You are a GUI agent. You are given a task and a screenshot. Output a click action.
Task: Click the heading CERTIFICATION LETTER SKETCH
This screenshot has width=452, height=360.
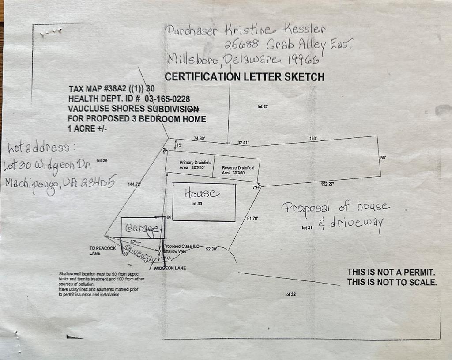(244, 77)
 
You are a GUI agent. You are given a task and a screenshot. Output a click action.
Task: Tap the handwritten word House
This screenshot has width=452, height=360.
(201, 193)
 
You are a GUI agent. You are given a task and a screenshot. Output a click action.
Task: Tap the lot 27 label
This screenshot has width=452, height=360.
(263, 106)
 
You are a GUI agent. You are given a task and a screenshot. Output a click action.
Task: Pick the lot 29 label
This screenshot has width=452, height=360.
(102, 160)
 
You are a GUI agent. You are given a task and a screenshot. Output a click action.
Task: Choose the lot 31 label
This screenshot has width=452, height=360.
(307, 227)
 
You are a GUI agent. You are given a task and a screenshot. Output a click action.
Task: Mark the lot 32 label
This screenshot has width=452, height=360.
(290, 294)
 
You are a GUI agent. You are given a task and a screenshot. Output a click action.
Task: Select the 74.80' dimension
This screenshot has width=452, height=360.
(199, 138)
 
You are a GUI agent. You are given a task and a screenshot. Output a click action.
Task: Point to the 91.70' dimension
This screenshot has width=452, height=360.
(252, 218)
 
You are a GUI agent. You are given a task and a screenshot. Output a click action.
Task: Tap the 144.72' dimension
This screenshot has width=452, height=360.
(134, 184)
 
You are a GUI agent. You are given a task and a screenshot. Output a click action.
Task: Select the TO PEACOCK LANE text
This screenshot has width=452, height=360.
(102, 251)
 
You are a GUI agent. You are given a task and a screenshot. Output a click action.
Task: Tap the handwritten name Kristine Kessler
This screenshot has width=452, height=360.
(275, 30)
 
